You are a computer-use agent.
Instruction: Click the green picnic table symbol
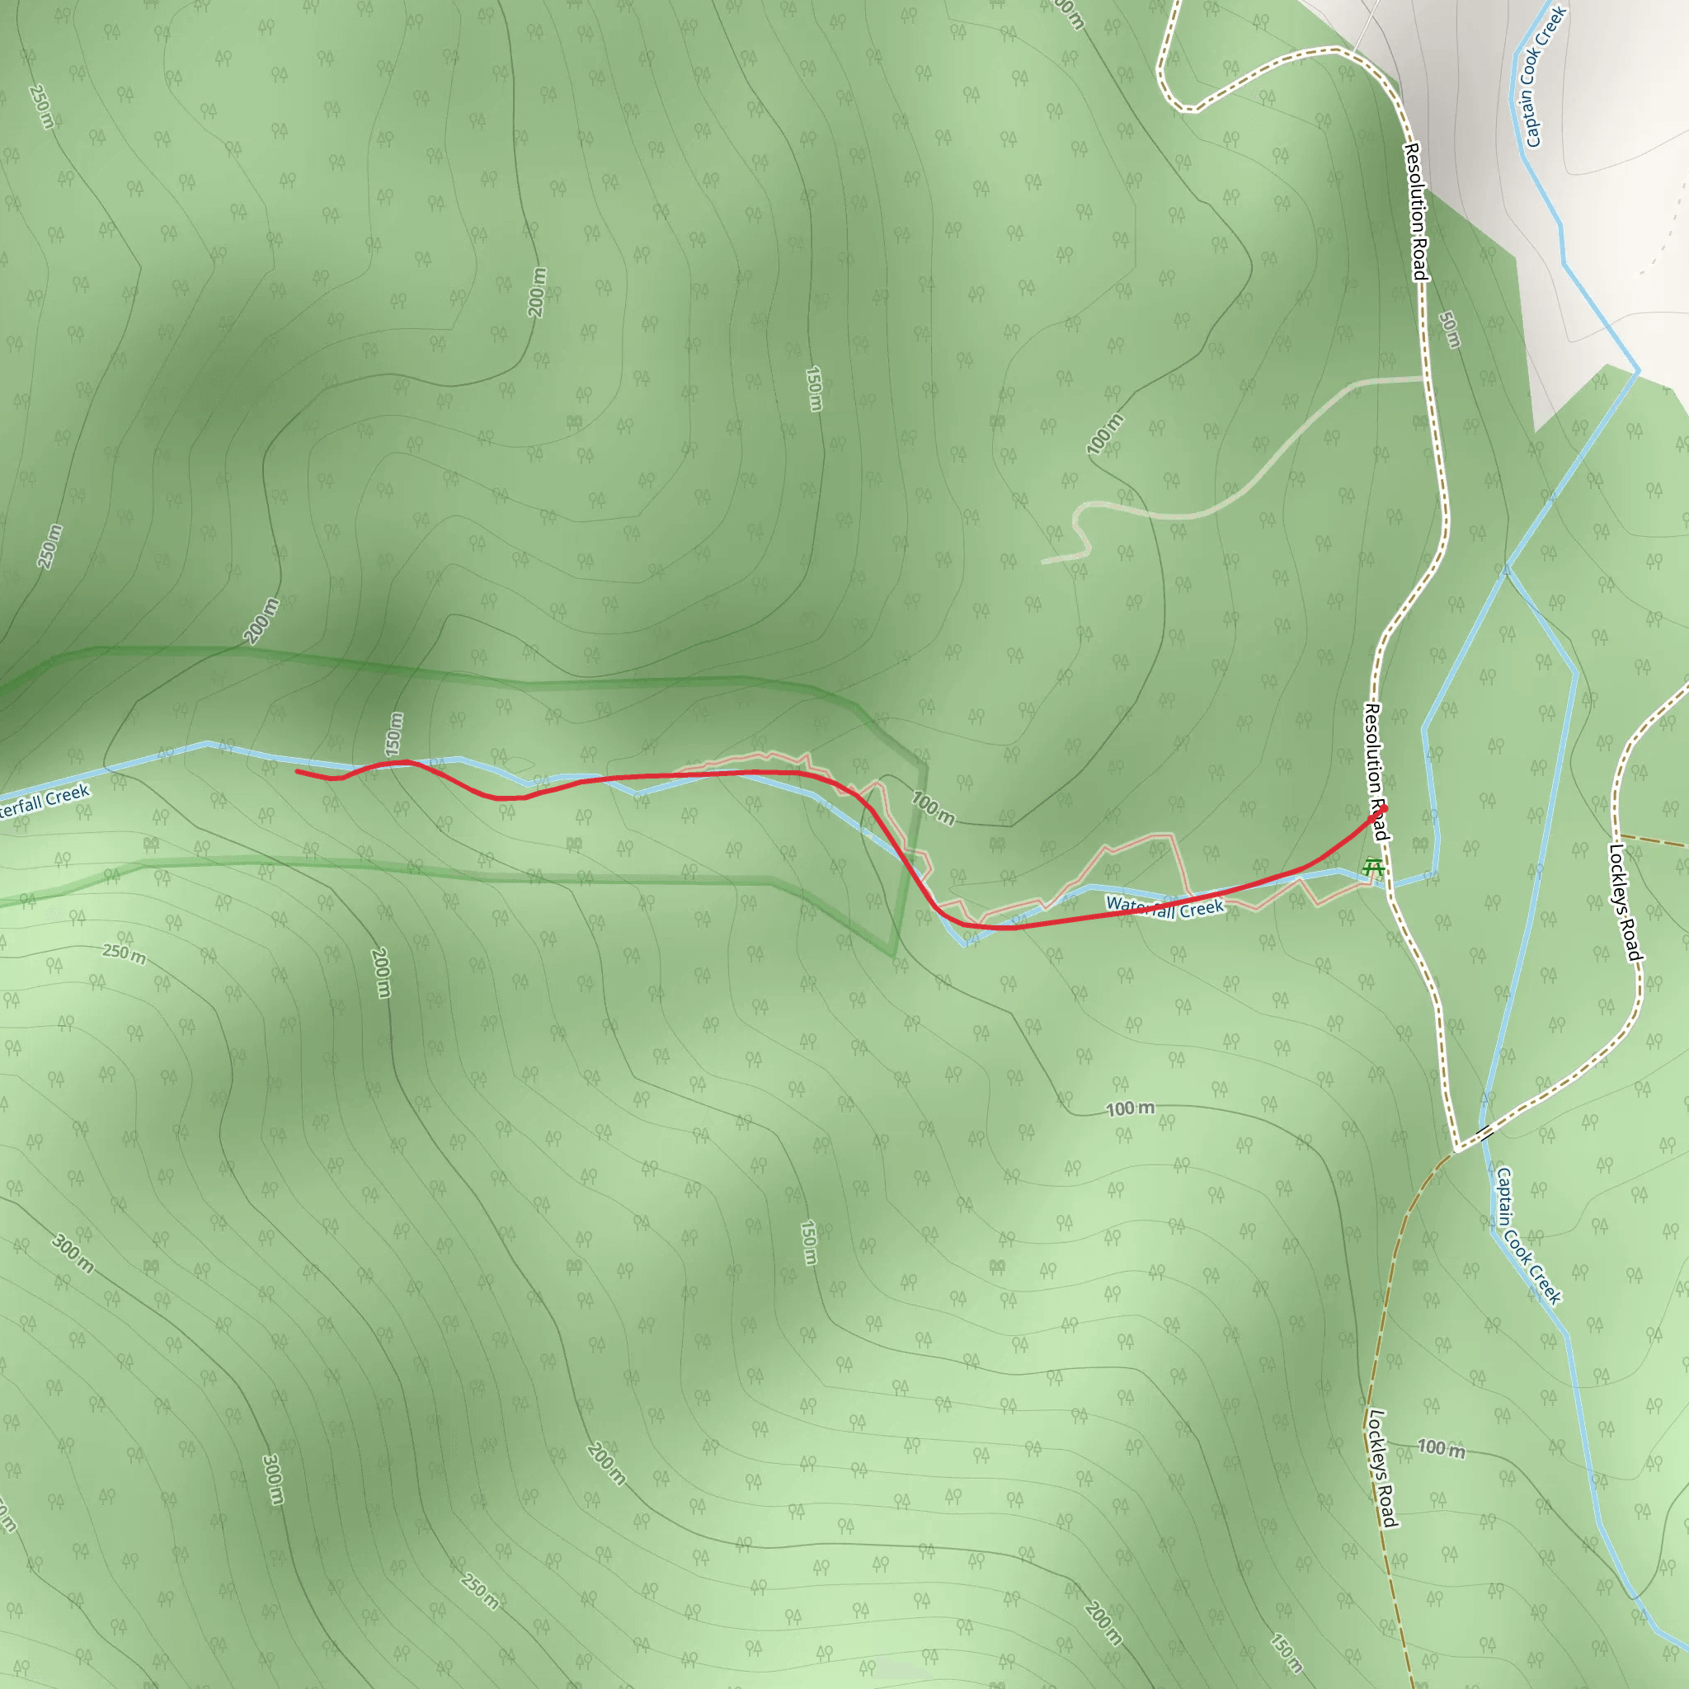1373,868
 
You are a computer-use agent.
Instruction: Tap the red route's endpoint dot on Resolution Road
1383,809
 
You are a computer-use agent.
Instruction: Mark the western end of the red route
298,771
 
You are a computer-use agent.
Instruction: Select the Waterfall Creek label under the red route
1164,907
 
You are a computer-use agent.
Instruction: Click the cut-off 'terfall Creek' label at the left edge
44,802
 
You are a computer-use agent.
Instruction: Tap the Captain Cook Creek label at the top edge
1545,76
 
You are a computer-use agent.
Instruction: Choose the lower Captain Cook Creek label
1527,1235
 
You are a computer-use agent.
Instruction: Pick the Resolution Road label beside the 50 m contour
1416,212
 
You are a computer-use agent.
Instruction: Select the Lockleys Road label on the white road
1625,901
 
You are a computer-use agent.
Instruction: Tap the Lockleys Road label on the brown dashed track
1381,1469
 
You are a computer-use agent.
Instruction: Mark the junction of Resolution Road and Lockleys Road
1456,1150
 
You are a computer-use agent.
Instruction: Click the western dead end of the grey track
1044,562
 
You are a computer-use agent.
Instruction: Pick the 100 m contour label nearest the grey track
1105,435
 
